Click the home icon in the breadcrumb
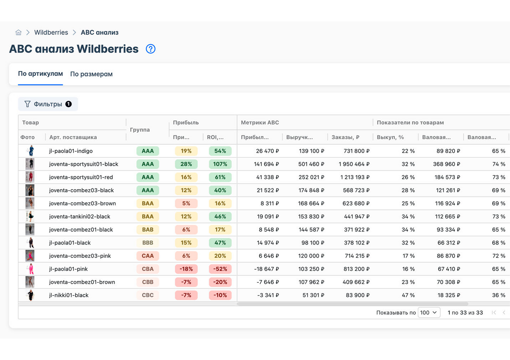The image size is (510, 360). coord(19,32)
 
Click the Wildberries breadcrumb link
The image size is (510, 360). coord(51,32)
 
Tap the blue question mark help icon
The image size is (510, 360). coord(151,49)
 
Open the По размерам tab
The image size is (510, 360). coord(91,74)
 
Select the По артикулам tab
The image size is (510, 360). coord(40,74)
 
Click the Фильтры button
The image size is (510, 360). coord(48,104)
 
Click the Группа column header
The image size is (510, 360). coord(140,130)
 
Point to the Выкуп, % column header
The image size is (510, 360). coord(390,137)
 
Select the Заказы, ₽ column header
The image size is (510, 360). coord(345,137)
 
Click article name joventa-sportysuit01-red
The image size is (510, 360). coord(81,177)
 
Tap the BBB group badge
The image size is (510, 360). coord(148,243)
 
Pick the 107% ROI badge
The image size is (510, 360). coord(220,164)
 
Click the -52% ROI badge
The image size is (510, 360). coord(220,269)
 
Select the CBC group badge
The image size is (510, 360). coord(148,295)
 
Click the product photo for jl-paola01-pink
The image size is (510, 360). coord(30,269)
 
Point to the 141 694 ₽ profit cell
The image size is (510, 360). coord(266,164)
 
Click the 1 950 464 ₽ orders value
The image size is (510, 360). coord(354,164)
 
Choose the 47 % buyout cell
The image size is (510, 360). coord(408,295)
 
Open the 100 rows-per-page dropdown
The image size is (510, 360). coord(429,313)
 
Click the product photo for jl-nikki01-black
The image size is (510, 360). coord(30,295)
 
